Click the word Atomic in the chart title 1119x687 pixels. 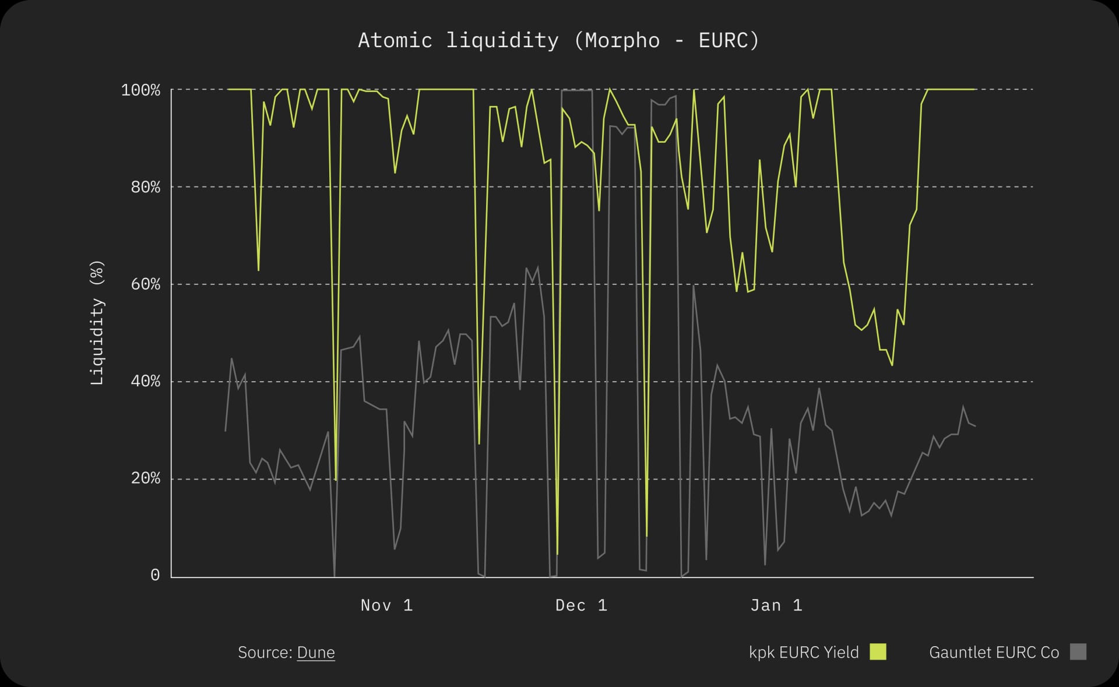(395, 40)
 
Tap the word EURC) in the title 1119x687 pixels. (729, 40)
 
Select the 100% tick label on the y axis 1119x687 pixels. (140, 90)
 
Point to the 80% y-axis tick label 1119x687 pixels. (145, 187)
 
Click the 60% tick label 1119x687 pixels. (145, 284)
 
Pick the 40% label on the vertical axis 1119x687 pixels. (145, 381)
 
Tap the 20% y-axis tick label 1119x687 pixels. (145, 478)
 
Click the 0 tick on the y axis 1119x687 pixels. (155, 575)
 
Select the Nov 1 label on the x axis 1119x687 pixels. (386, 605)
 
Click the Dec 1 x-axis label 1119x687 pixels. (581, 605)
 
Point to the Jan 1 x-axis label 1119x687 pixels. (776, 605)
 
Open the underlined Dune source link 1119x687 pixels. (316, 652)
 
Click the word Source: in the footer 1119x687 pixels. (265, 652)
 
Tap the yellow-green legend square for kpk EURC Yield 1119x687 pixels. (878, 651)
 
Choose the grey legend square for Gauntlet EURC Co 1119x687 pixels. (1078, 651)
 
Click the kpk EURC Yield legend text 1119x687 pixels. (804, 652)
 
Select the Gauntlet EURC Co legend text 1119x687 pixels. (994, 652)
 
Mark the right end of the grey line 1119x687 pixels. (975, 426)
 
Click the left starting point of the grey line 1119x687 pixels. (226, 431)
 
